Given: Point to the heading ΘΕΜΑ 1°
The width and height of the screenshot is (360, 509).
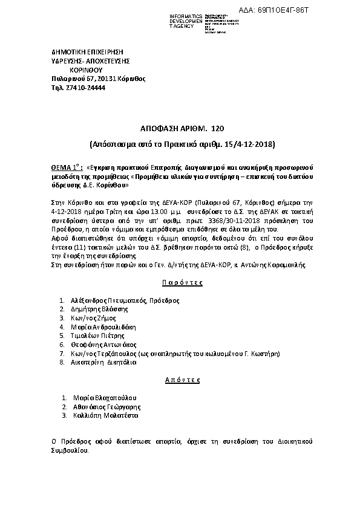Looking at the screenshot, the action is [66, 166].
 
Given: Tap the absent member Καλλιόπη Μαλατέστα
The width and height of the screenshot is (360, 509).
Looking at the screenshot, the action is [106, 416].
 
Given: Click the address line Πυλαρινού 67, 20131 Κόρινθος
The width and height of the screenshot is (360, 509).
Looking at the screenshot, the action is [99, 79].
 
